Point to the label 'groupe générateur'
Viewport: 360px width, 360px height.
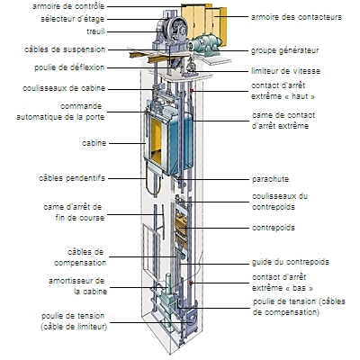click(x=285, y=51)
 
